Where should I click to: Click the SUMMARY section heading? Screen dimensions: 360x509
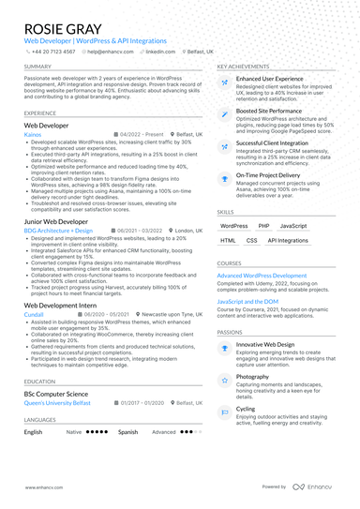pyautogui.click(x=38, y=67)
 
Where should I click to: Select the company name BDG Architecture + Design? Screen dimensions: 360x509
pyautogui.click(x=58, y=231)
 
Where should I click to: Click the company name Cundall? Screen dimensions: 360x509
pyautogui.click(x=36, y=316)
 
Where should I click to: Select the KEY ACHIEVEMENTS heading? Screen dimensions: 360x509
pyautogui.click(x=246, y=67)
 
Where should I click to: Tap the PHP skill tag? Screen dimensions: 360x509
pyautogui.click(x=263, y=226)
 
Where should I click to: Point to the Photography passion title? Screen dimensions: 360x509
pyautogui.click(x=253, y=376)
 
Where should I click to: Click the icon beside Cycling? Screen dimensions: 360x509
pyautogui.click(x=228, y=412)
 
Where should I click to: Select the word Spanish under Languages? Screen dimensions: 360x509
pyautogui.click(x=128, y=432)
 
